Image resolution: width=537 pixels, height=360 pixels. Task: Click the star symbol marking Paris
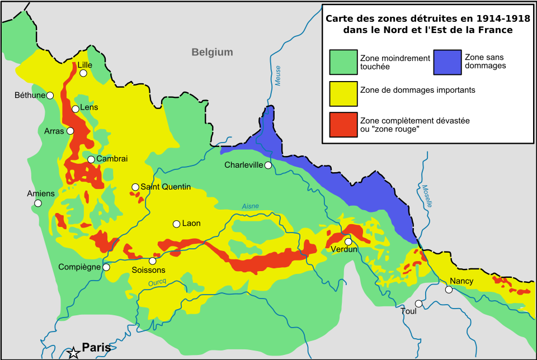73,353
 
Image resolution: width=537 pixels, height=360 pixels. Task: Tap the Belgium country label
212,53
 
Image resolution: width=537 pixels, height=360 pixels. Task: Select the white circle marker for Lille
83,73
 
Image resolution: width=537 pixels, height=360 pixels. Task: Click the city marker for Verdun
348,241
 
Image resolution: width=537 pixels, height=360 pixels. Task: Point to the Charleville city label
244,165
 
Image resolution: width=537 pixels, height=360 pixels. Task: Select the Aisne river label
250,207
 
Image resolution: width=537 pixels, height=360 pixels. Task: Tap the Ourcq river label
157,283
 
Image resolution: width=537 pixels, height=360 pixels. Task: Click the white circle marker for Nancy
449,290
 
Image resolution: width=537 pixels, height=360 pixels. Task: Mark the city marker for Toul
418,304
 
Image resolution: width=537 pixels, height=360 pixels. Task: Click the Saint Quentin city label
166,187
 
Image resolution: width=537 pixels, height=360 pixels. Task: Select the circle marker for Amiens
38,203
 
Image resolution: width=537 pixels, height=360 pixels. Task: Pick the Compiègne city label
79,267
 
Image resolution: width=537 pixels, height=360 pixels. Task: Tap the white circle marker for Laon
177,224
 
